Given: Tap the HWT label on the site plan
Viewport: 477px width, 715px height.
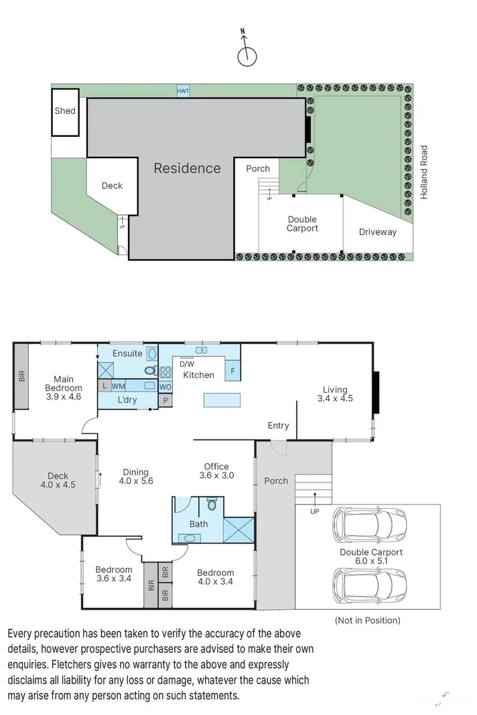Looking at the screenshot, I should click(x=182, y=91).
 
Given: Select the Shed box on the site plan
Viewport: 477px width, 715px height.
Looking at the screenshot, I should click(x=66, y=111).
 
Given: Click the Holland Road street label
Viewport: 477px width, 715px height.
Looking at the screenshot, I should click(x=423, y=172).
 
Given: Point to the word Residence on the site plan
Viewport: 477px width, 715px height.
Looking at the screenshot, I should click(x=187, y=168).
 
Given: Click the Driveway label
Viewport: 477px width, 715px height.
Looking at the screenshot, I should click(x=377, y=232).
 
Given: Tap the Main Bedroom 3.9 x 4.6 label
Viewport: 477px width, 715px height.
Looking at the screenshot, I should click(x=64, y=387).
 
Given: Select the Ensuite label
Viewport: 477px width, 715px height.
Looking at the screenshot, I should click(x=127, y=353).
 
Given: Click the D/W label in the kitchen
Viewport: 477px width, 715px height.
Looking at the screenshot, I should click(x=186, y=364).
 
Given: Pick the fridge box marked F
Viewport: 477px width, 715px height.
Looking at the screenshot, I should click(x=232, y=371).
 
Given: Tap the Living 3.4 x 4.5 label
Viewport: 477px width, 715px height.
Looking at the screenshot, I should click(x=335, y=393).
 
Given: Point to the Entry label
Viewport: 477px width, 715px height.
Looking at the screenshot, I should click(x=278, y=426).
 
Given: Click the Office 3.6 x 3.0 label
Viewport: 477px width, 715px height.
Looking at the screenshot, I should click(x=216, y=471).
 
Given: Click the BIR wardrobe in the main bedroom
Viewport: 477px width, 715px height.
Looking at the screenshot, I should click(x=21, y=377).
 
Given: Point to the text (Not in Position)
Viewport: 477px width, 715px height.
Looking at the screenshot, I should click(x=367, y=621).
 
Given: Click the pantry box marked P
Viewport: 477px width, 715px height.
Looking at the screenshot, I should click(x=165, y=400).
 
